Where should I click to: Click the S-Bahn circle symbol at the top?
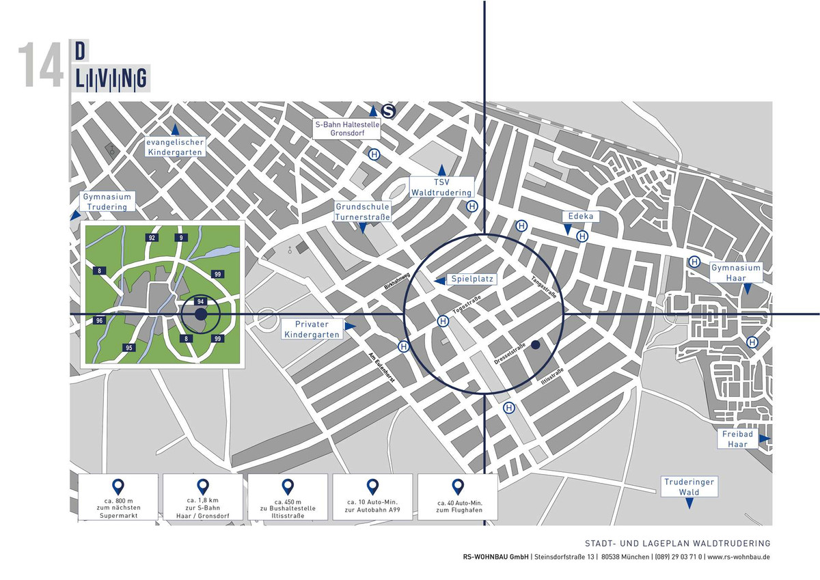(388, 111)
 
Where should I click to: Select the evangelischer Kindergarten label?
(176, 147)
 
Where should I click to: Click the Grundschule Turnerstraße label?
(362, 212)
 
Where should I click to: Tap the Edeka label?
(581, 217)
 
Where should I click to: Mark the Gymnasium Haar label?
(735, 272)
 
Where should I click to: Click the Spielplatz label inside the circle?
(471, 279)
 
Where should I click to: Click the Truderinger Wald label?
(689, 486)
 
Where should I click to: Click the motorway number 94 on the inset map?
(201, 301)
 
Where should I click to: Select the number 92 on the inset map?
(152, 238)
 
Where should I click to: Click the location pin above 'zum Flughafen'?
(457, 486)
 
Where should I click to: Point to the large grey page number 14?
(40, 66)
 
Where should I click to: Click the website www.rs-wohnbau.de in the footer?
(739, 557)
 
